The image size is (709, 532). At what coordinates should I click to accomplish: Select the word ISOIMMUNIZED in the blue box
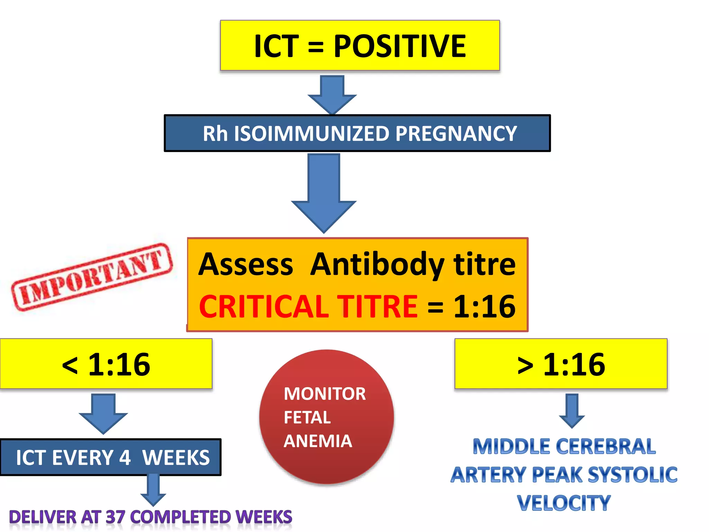[x=312, y=134]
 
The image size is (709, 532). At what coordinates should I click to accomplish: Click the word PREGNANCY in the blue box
[x=456, y=134]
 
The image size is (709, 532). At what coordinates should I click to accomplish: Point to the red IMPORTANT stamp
[x=92, y=277]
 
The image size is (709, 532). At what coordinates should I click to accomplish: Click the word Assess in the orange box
[x=246, y=265]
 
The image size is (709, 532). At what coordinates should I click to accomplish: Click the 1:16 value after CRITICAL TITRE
[x=484, y=307]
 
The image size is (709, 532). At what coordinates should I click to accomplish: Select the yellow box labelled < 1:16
[x=106, y=364]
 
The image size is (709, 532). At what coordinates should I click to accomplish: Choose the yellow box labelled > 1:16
[x=561, y=364]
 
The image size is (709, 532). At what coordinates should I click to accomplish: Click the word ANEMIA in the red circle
[x=318, y=441]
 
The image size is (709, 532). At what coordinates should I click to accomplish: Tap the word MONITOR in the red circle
[x=324, y=394]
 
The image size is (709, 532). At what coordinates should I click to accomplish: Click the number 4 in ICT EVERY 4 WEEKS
[x=125, y=458]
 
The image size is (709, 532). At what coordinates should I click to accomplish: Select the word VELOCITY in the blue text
[x=564, y=503]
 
